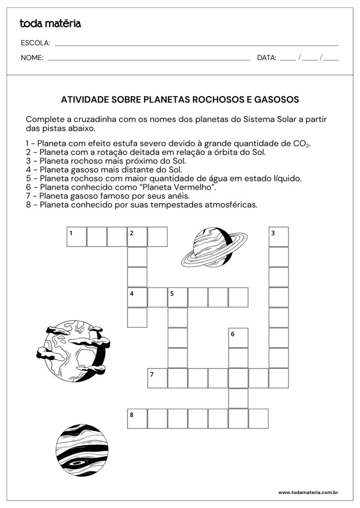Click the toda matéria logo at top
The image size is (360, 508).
tap(50, 23)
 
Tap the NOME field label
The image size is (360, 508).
tap(32, 58)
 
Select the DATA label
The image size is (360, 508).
tap(266, 58)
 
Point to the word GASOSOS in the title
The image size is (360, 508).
tap(279, 99)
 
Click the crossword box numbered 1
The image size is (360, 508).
tap(77, 237)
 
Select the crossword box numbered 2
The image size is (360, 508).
tap(137, 237)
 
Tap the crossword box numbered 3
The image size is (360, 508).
tap(279, 237)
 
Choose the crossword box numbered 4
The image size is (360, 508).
tap(137, 297)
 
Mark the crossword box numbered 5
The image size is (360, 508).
tap(178, 297)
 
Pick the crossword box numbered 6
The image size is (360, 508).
tap(238, 338)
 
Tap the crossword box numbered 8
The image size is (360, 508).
tap(137, 419)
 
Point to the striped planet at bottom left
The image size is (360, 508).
tap(83, 450)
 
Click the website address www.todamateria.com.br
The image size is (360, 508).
tap(307, 492)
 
